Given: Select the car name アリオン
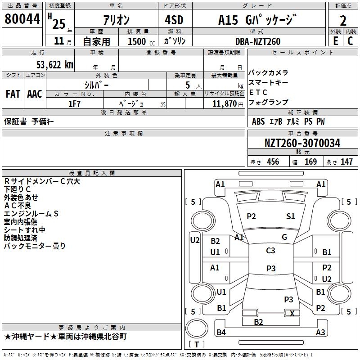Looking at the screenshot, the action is pos(116,20).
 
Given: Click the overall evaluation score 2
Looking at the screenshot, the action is pos(343,20).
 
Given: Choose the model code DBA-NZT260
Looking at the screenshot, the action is pos(258,41).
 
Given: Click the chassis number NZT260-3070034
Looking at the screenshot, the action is pos(302,143).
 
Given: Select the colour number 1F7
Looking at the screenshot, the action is pos(74,103).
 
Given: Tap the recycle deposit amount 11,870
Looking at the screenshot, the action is pos(224,103).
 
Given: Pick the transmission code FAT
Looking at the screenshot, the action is pos(13,94).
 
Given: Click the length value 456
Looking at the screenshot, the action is pos(273,162).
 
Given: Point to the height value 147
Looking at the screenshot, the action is pos(346,162).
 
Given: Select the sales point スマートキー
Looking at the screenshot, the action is pos(268,82).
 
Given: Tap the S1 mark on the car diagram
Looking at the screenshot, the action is pos(291,216).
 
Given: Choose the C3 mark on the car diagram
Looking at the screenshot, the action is pos(270,251).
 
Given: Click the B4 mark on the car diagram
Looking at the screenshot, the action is pos(221,333).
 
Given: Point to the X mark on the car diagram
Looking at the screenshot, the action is pos(292,313).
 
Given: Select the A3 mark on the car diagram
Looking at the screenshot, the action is pos(320,333).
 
